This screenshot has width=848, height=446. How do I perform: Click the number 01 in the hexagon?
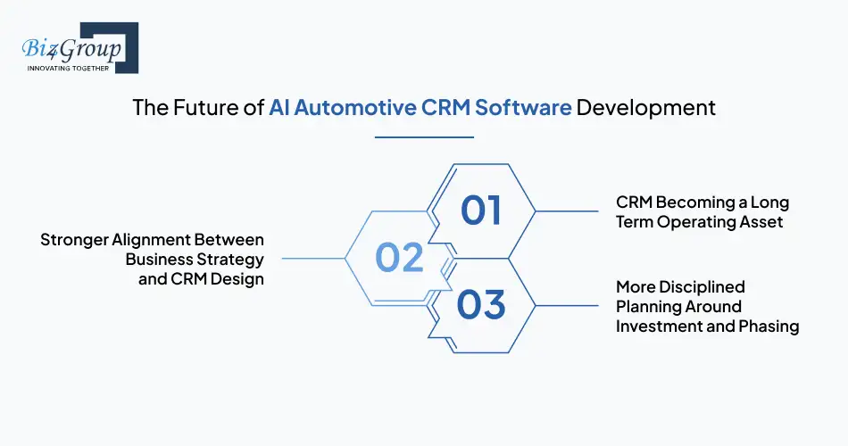[x=481, y=211]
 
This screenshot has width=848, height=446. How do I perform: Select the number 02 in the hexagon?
[x=399, y=258]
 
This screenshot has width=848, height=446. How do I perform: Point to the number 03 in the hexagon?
[x=481, y=305]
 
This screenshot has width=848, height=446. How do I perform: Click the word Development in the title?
[x=645, y=108]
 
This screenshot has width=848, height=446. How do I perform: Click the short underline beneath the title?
[x=424, y=137]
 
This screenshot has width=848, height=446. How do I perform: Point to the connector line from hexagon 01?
[x=567, y=211]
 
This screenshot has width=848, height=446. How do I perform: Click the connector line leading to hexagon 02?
[x=312, y=259]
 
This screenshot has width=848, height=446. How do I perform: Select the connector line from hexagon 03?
[x=567, y=306]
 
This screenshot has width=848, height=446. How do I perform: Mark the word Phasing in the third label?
[x=769, y=326]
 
